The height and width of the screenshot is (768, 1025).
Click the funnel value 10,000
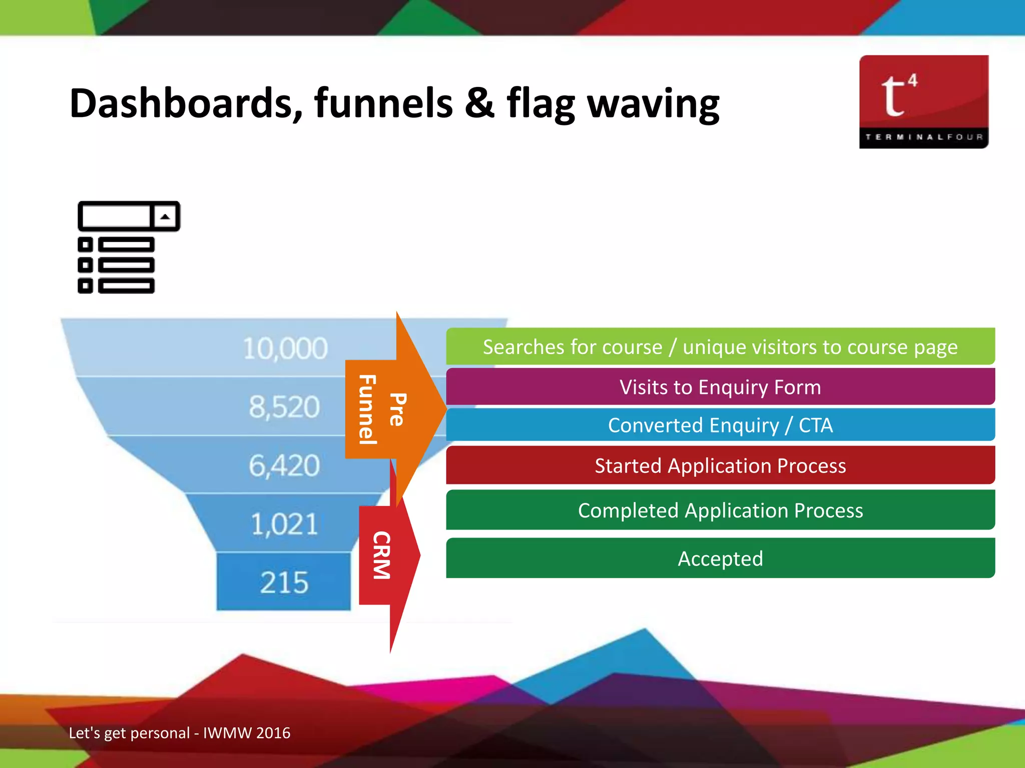pos(285,348)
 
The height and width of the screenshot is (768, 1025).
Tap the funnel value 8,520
pos(284,406)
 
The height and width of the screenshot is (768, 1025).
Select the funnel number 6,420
pos(284,465)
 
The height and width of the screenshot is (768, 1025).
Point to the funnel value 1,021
pos(284,524)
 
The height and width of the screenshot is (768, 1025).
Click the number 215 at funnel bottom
pos(284,582)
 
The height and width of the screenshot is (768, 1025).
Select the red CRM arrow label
pos(381,555)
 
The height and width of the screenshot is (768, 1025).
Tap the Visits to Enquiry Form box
pos(720,387)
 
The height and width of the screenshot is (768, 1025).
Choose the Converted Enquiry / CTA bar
pos(720,425)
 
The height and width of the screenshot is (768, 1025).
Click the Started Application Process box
pos(720,465)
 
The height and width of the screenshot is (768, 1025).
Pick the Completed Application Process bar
pos(720,510)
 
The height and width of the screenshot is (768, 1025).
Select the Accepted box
pos(720,558)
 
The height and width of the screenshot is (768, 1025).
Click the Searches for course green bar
pos(720,346)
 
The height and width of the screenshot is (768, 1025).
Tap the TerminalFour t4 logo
pos(923,101)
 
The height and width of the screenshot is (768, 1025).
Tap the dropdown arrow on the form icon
pos(165,216)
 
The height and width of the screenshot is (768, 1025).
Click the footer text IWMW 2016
pos(246,733)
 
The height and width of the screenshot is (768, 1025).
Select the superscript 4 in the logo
pos(912,80)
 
